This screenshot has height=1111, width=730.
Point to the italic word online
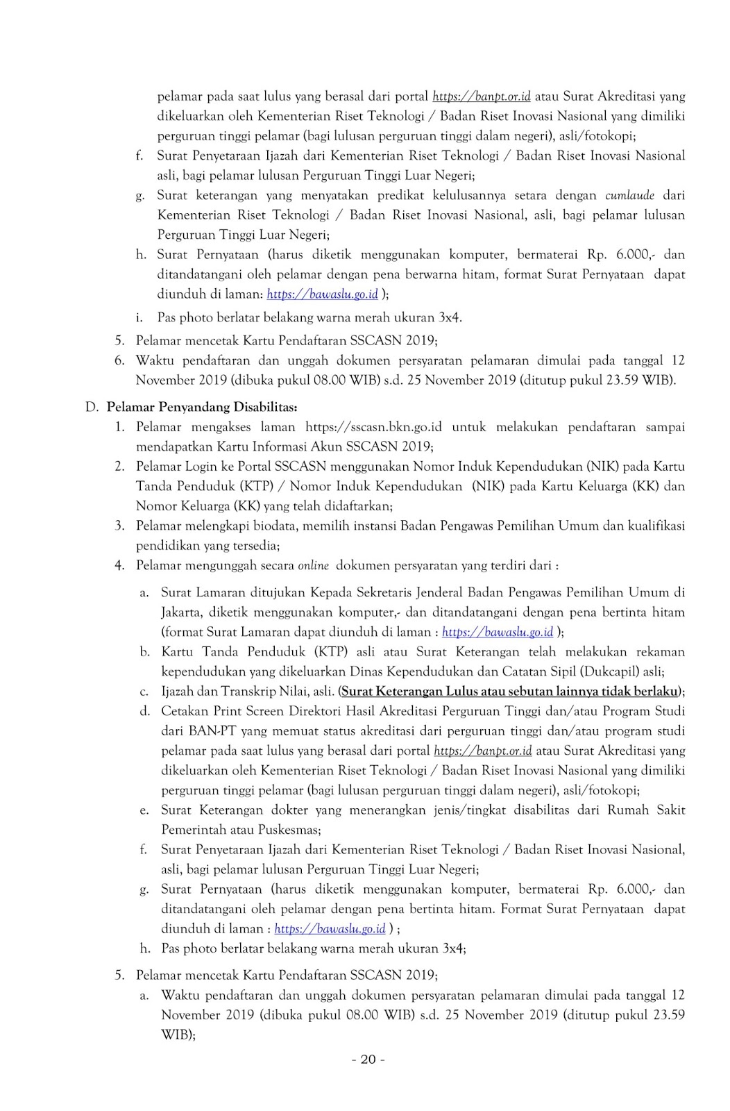pos(313,565)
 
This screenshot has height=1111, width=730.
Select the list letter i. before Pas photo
pos(139,317)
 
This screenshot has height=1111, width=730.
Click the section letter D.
pos(91,406)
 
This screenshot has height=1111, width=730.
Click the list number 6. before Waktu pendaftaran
pos(119,360)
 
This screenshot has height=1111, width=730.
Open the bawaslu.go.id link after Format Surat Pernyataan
pos(330,928)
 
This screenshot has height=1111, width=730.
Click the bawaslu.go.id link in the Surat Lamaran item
pos(497,632)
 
